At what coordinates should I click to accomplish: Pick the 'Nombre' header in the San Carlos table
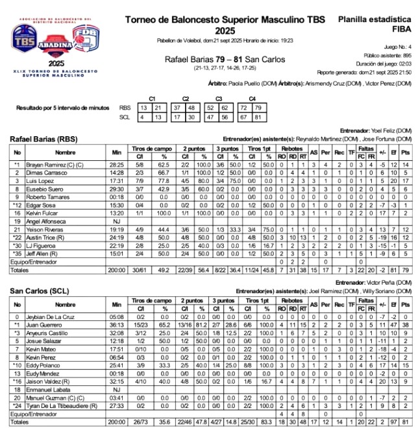coord(65,304)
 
